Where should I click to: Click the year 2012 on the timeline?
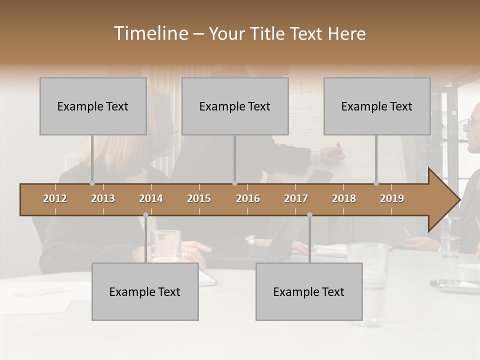coord(55,198)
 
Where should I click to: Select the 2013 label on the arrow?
coord(103,198)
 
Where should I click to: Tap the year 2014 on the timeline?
coord(151,198)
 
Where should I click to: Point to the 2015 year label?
coord(199,198)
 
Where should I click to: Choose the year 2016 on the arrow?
coord(248,198)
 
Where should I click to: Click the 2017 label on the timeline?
coord(296,198)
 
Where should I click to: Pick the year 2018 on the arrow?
coord(344,198)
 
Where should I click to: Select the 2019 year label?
coord(392,198)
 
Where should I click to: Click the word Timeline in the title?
coord(150,33)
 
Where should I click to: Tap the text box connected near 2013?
coord(93,106)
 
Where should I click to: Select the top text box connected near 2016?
coord(235,106)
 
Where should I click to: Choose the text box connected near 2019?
coord(377,106)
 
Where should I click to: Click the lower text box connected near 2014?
coord(145,291)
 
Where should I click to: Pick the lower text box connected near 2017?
coord(309,291)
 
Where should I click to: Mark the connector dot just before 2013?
coord(92,183)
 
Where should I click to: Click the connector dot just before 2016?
coord(234,183)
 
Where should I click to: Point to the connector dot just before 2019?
coord(376,183)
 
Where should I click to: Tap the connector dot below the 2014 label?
coord(145,215)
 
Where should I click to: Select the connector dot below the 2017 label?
coord(309,215)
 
